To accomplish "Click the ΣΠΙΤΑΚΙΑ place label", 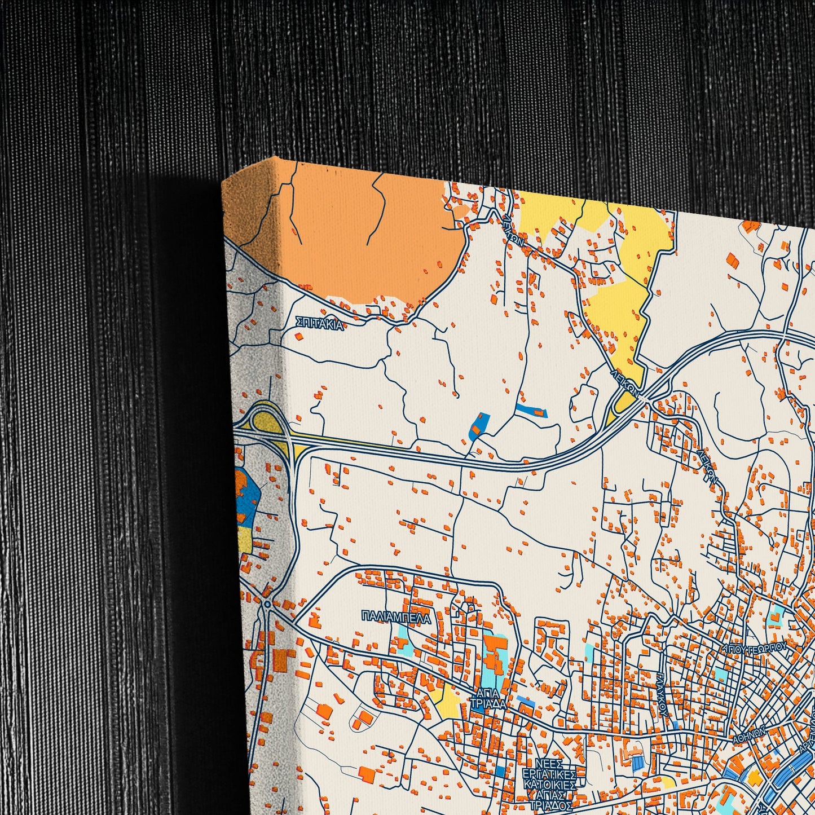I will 319,323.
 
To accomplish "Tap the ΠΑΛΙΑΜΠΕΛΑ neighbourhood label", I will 397,619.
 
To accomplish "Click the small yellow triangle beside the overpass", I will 623,403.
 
